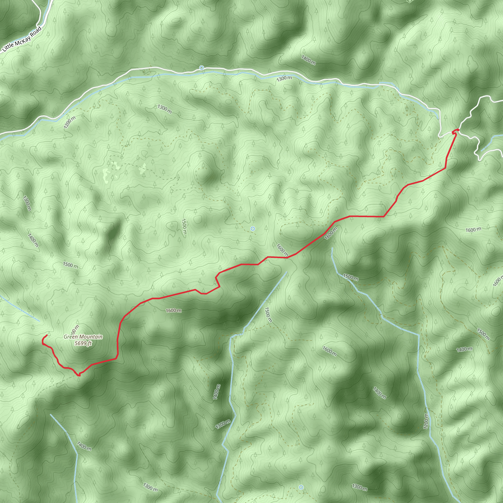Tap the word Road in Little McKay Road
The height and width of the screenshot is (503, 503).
36,31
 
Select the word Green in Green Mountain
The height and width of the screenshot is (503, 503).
70,337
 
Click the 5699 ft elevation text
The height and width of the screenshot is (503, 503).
83,343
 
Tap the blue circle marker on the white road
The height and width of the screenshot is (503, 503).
201,68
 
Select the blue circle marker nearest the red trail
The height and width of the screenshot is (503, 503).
252,229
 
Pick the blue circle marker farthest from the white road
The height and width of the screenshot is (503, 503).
301,487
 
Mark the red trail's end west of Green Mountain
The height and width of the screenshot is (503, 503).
47,335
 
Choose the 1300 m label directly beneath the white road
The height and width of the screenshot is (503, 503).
284,78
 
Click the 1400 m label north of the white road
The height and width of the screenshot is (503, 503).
308,60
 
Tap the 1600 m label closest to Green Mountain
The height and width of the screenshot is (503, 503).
174,311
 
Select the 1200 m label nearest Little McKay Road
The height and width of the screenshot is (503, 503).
70,122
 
